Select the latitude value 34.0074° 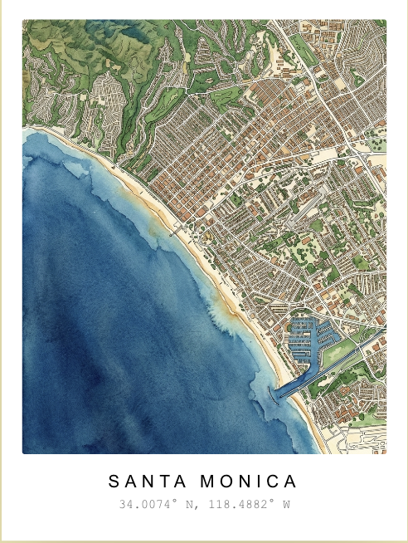pos(146,504)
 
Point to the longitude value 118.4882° pos(234,504)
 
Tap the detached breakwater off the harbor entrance pos(273,403)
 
